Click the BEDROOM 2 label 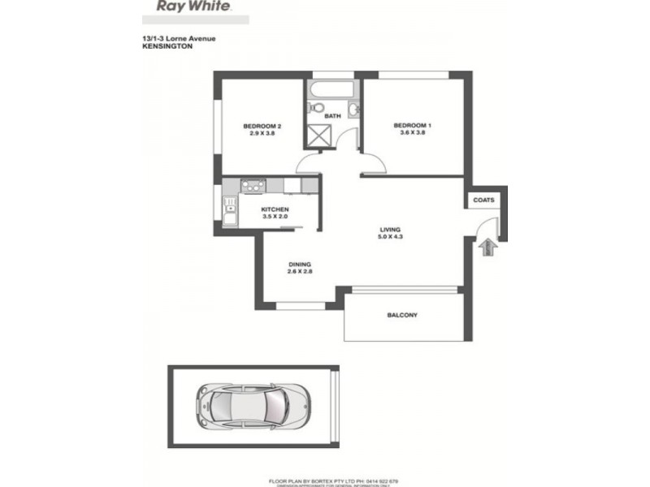262,125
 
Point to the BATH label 333,116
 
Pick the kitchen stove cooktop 250,185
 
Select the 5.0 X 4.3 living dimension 392,237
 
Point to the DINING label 301,265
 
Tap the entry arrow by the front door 487,247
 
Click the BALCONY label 403,315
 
